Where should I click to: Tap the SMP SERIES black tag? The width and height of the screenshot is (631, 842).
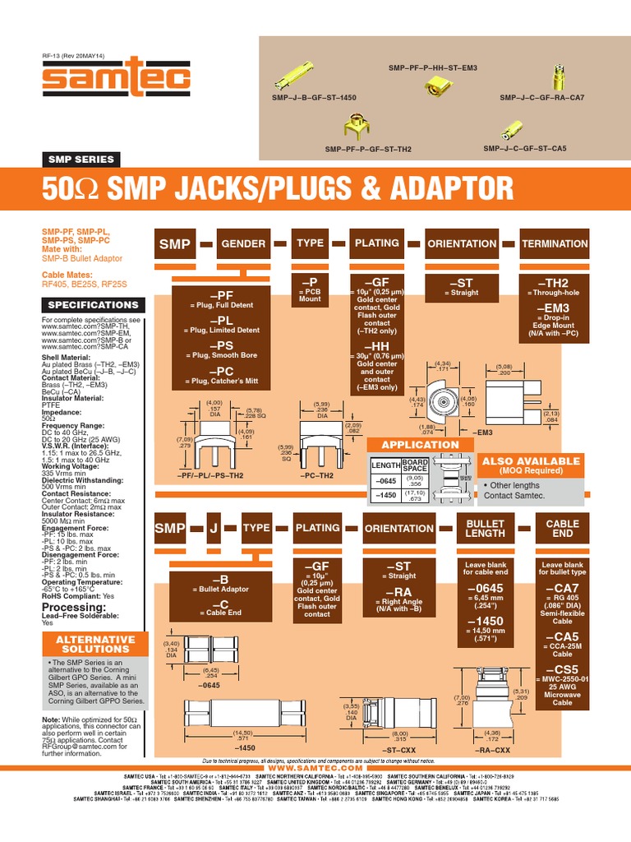click(84, 160)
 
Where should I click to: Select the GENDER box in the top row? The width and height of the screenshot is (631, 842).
click(243, 244)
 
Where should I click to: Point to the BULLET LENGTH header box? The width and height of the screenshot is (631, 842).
click(485, 528)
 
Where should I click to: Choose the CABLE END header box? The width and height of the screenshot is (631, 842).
click(562, 528)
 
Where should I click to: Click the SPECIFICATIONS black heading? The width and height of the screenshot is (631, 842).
click(94, 304)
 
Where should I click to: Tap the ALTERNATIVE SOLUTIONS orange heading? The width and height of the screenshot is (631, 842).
click(94, 645)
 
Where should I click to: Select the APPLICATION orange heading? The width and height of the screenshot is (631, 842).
click(420, 445)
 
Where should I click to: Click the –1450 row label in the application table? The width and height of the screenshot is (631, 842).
click(384, 496)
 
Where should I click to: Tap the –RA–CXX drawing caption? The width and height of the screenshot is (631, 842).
click(492, 751)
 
